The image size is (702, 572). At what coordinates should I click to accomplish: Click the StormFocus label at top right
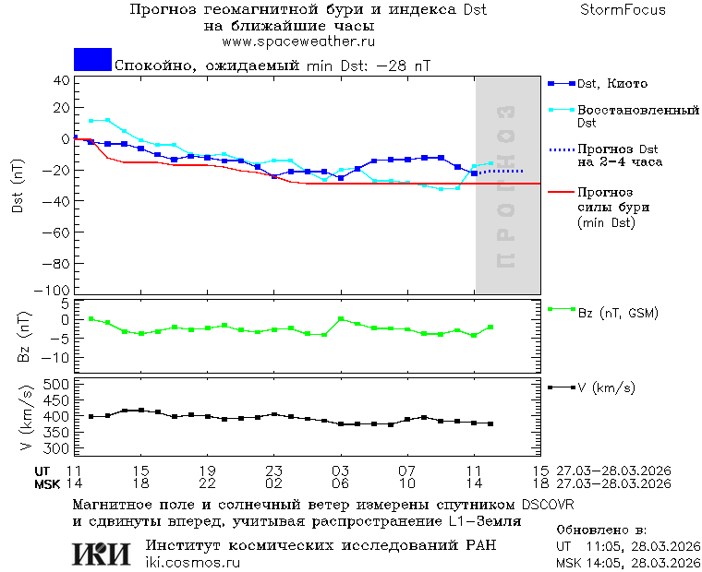tap(623, 10)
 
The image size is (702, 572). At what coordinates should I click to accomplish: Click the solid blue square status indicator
tap(92, 59)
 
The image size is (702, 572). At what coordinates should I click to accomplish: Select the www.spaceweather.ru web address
tap(298, 42)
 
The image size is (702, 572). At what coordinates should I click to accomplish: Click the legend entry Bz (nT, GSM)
tap(618, 313)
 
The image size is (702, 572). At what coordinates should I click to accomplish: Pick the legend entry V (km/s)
tap(606, 387)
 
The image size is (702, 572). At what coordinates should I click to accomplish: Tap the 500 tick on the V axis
tap(57, 384)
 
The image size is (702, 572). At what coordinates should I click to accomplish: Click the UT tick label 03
tap(340, 471)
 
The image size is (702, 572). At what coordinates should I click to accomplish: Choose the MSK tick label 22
tap(208, 483)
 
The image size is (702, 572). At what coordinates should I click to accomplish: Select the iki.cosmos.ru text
tap(193, 563)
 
